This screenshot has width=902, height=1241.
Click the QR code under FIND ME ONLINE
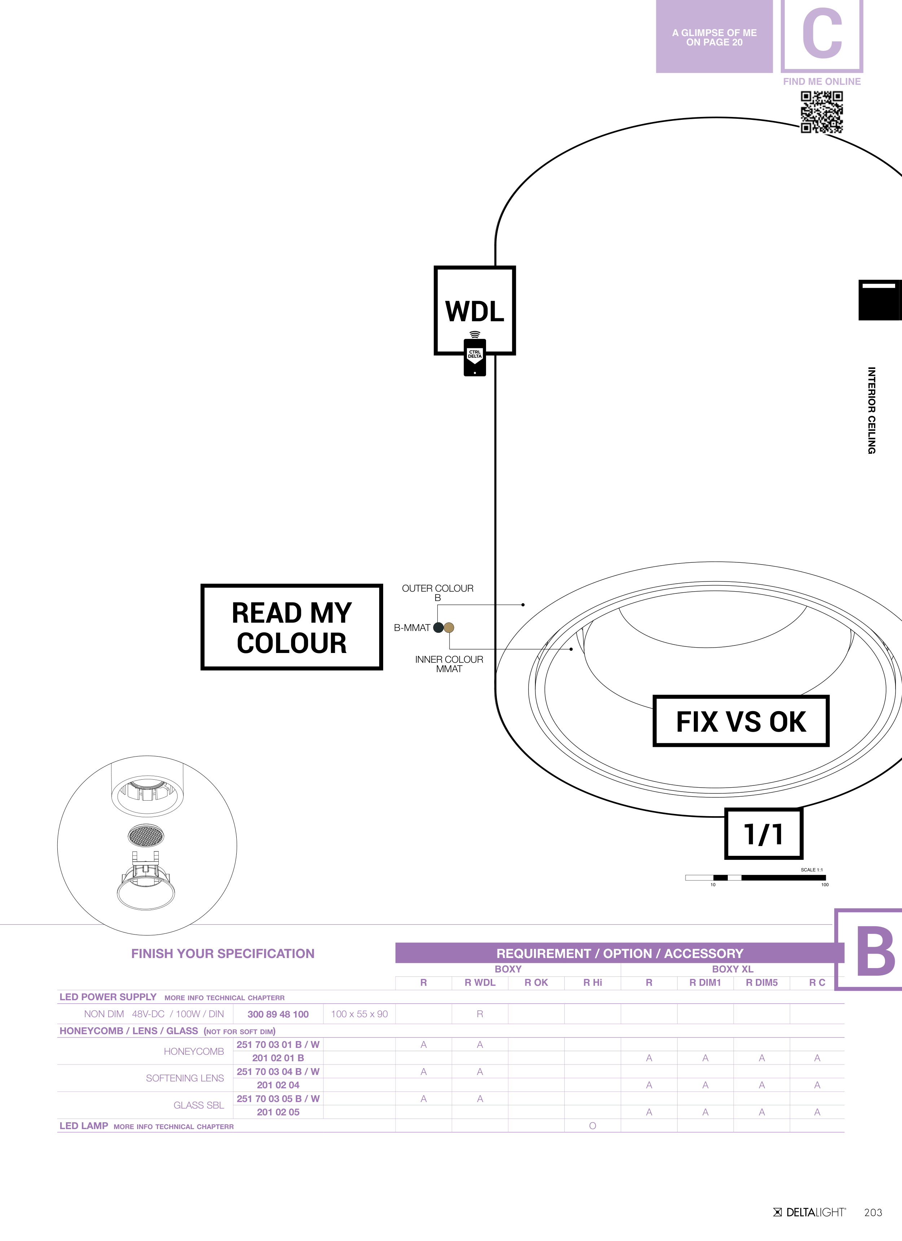click(822, 112)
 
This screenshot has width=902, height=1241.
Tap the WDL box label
click(474, 311)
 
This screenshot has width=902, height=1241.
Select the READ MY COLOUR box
click(292, 627)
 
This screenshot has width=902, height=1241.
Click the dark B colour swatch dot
click(438, 628)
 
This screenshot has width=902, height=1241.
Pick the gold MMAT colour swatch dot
click(449, 628)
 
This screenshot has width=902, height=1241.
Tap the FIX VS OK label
click(741, 721)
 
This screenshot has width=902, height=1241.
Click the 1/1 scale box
click(763, 834)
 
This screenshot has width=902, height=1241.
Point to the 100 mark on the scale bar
click(824, 885)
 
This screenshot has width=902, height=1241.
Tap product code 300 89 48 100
click(278, 1014)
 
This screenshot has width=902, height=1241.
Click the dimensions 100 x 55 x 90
click(359, 1014)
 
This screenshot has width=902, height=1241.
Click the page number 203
click(873, 1212)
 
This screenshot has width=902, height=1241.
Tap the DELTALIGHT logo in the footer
click(810, 1212)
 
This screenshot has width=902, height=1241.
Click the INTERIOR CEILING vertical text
click(871, 410)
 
